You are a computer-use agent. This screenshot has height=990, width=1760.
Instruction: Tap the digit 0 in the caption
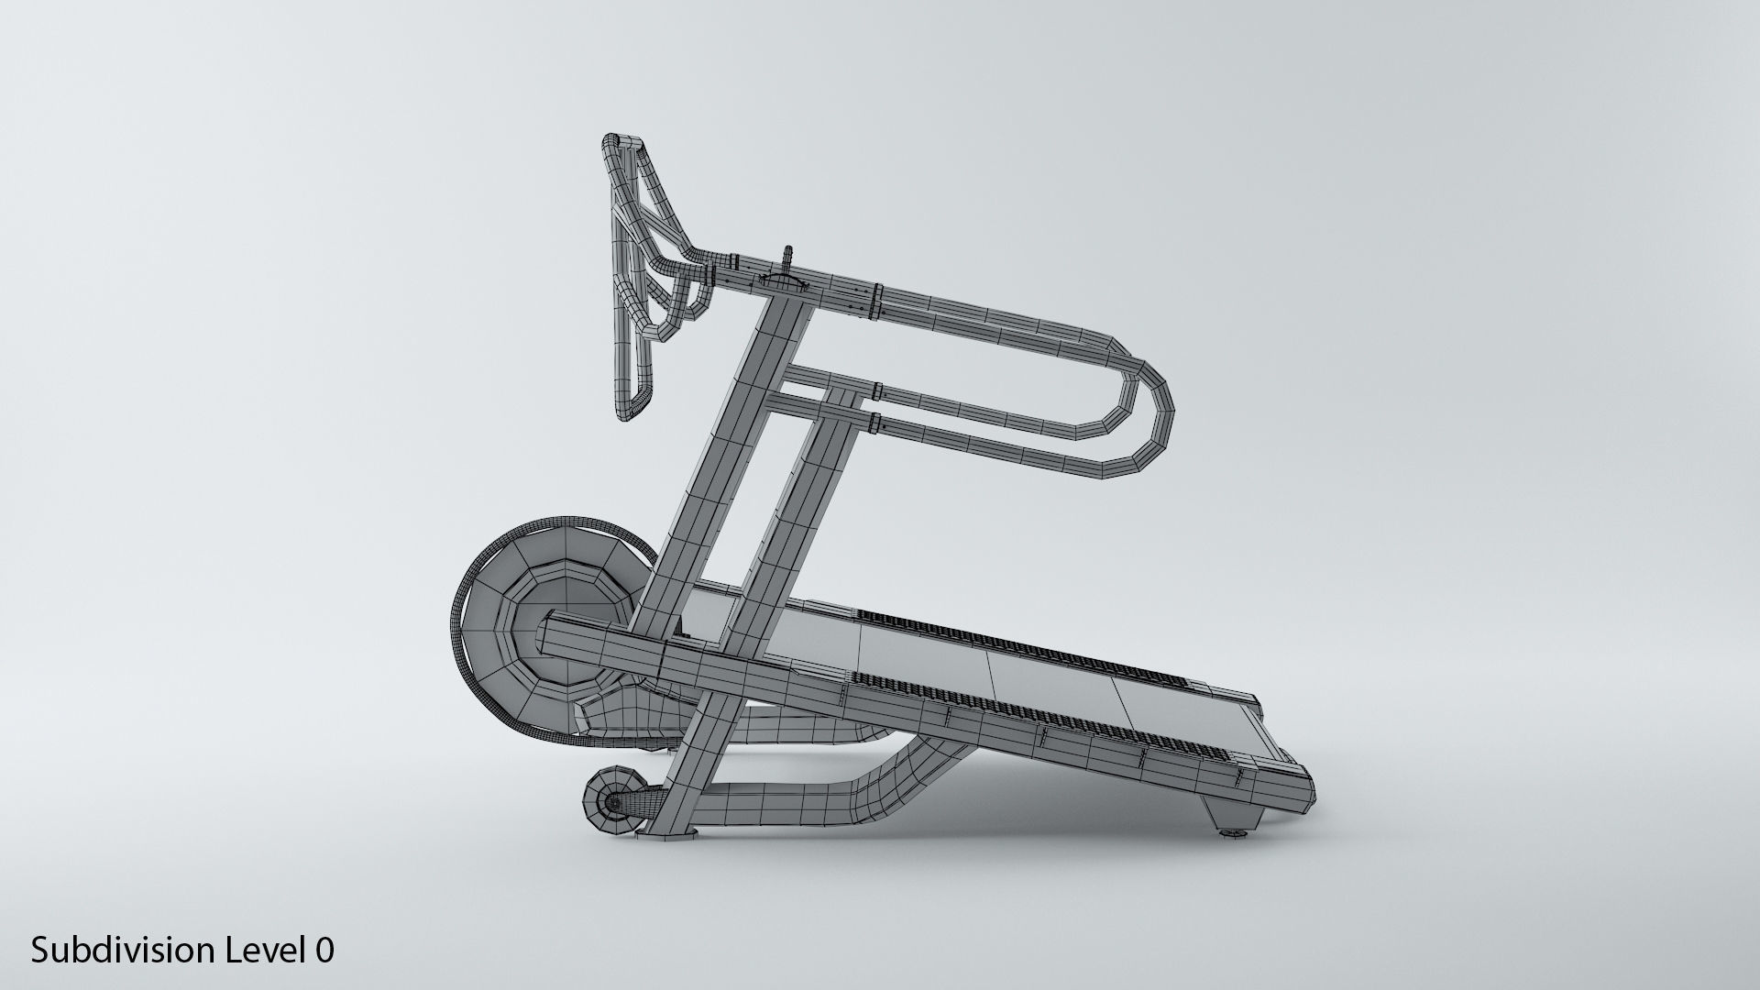(x=324, y=951)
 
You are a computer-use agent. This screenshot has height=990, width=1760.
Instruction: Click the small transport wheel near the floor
(x=613, y=803)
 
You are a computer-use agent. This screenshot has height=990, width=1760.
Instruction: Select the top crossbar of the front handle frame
(x=623, y=144)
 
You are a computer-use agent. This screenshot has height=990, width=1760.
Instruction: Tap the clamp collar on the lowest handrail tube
(x=876, y=422)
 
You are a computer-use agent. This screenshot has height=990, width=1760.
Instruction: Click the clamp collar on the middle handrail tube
(x=877, y=392)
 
